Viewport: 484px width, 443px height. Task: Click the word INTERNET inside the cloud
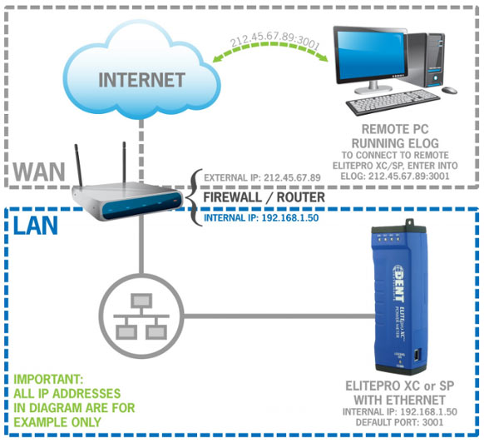tap(141, 81)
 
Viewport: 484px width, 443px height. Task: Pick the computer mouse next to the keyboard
tap(449, 90)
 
